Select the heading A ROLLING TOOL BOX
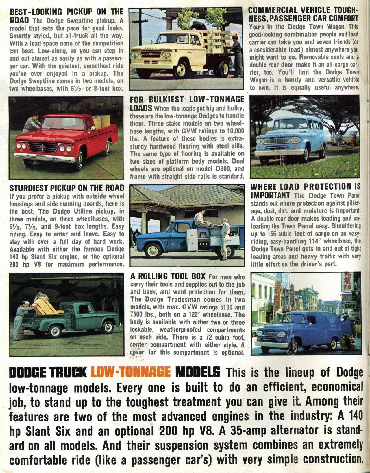pyautogui.click(x=168, y=276)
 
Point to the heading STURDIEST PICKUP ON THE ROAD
pyautogui.click(x=67, y=188)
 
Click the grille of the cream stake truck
pyautogui.click(x=150, y=54)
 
